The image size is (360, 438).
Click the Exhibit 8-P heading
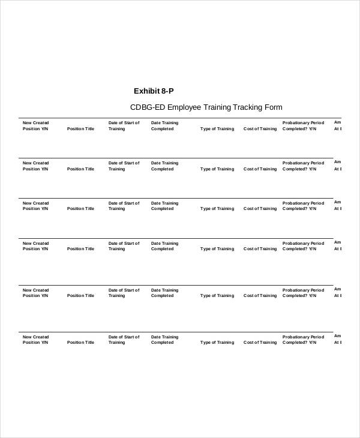pos(154,91)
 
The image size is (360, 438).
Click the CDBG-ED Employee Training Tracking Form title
pos(206,107)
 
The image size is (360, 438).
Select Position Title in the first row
pos(80,129)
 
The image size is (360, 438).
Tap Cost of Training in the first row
pos(260,129)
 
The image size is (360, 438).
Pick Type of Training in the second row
pos(217,169)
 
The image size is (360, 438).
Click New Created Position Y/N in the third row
pos(35,206)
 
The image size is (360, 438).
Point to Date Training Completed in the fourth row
pos(164,246)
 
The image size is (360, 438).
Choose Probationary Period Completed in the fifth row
pos(303,293)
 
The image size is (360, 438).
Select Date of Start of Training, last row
pos(124,340)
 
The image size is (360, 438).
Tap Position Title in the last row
pos(80,343)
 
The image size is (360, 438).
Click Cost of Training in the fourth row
pos(260,249)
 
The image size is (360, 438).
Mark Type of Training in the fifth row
pos(217,296)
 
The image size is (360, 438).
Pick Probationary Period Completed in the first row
pos(303,126)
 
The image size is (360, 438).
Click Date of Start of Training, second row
pos(124,166)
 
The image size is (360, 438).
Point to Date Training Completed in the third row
pos(164,206)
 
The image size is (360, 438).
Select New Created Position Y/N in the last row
pos(35,340)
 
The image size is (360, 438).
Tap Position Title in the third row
pos(80,209)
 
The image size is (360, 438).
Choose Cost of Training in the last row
pos(260,343)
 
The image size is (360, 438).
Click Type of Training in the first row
pos(217,129)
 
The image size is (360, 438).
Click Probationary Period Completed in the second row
pos(303,166)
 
